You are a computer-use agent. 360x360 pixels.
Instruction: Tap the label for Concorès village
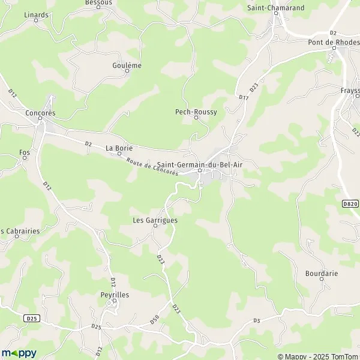pyautogui.click(x=41, y=112)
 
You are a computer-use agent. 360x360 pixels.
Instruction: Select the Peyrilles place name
pyautogui.click(x=115, y=295)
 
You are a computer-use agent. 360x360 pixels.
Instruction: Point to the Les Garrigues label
pyautogui.click(x=155, y=220)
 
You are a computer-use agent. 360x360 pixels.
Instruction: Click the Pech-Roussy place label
pyautogui.click(x=196, y=112)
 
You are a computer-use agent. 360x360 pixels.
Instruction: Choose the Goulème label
pyautogui.click(x=127, y=65)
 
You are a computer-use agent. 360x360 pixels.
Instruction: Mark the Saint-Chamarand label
pyautogui.click(x=276, y=8)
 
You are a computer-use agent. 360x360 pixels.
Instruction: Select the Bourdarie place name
pyautogui.click(x=321, y=273)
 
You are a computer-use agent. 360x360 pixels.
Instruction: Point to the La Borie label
pyautogui.click(x=118, y=147)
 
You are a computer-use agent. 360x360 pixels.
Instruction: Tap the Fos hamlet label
pyautogui.click(x=25, y=152)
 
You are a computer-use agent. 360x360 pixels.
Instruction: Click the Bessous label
pyautogui.click(x=99, y=2)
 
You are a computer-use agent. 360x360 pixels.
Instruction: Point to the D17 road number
pyautogui.click(x=243, y=97)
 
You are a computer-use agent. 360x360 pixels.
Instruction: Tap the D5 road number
pyautogui.click(x=257, y=321)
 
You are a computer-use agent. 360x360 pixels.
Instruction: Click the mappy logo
pyautogui.click(x=19, y=353)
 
